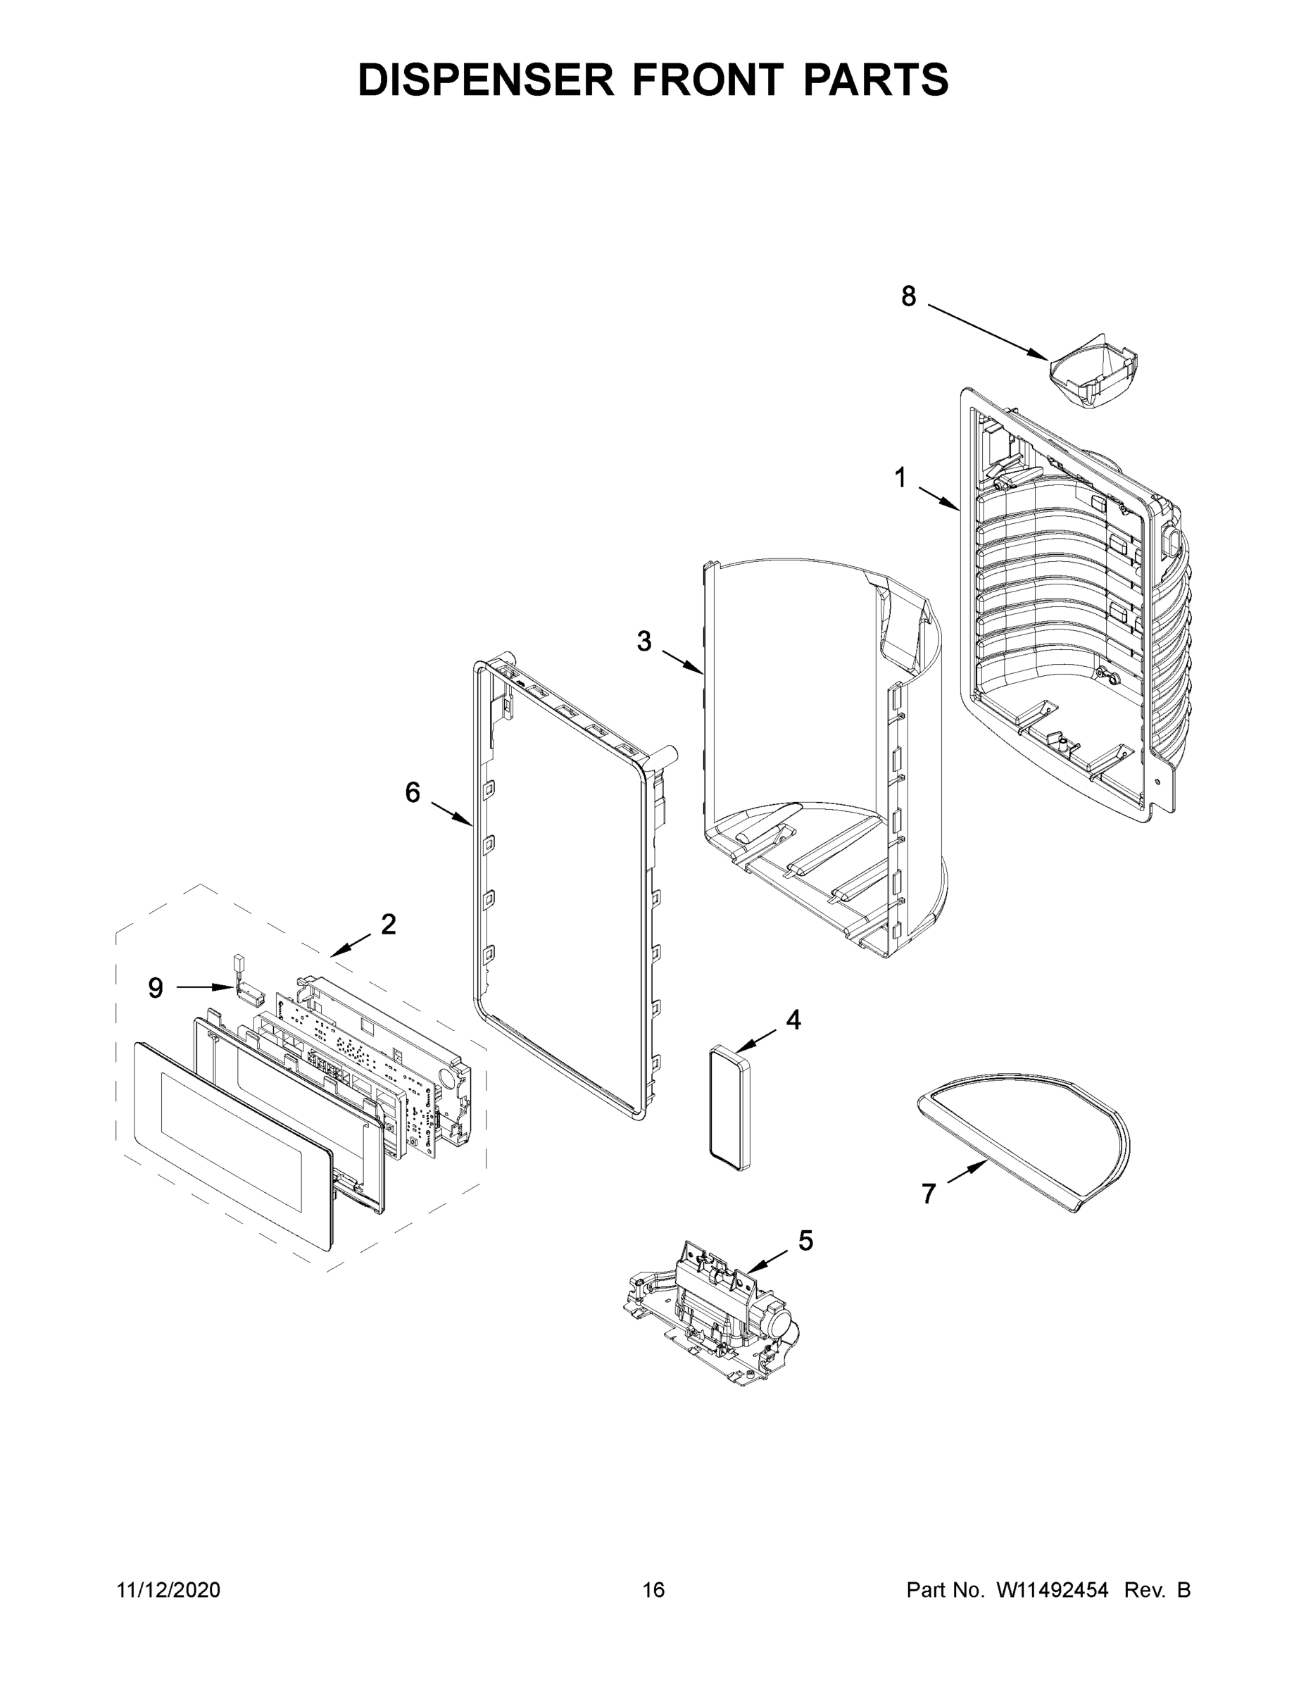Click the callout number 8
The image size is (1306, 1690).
tap(908, 296)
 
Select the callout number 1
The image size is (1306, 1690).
tap(900, 477)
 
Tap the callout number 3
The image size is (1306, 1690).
tap(643, 641)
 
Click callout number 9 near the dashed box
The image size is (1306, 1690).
tap(156, 987)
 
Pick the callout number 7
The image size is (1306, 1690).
tap(929, 1194)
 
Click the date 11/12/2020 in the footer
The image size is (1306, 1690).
tap(168, 1589)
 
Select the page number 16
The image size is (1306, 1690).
tap(653, 1589)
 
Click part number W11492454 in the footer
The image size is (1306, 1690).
tap(1053, 1589)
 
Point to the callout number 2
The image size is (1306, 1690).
tap(388, 924)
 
